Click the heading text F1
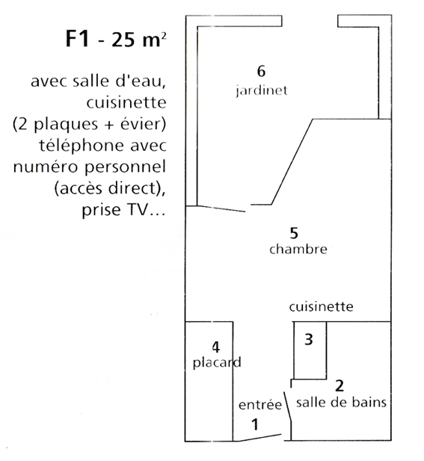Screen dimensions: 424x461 click(x=77, y=39)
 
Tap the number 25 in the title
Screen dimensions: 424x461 click(x=123, y=40)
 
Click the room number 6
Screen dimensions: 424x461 click(x=261, y=71)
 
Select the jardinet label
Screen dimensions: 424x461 click(x=261, y=90)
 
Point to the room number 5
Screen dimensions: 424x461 click(x=294, y=233)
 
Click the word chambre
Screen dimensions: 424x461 click(x=298, y=249)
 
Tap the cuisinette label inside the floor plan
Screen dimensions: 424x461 click(x=321, y=306)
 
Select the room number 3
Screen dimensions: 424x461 click(x=308, y=339)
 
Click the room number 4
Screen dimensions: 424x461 click(x=215, y=347)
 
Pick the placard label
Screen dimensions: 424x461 click(x=217, y=362)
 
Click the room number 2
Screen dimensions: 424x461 click(x=339, y=386)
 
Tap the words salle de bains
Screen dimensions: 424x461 click(x=341, y=402)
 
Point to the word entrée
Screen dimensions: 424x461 click(x=260, y=404)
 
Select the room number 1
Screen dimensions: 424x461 click(x=255, y=424)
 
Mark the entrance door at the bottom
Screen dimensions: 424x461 click(x=259, y=438)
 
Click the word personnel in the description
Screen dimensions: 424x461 click(x=126, y=167)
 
